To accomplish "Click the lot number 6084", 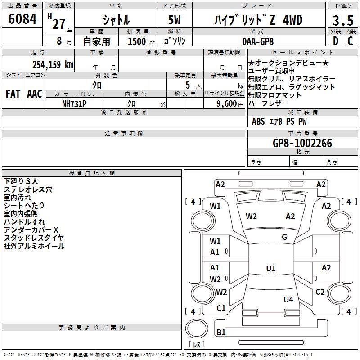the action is (22, 20).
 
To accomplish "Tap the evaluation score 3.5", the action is (342, 21).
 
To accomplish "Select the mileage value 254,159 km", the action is (53, 64).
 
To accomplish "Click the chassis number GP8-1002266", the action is (302, 143).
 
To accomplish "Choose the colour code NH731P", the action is (74, 103).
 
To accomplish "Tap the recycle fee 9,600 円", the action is (226, 103).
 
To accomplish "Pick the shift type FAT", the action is (13, 94).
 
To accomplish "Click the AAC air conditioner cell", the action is (35, 94).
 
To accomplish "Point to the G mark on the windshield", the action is (284, 237).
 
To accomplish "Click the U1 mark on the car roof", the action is (270, 269).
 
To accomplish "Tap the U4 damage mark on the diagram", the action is (288, 299).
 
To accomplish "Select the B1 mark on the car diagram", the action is (221, 333).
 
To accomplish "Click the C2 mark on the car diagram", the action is (320, 292).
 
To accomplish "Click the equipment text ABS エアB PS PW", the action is (279, 121).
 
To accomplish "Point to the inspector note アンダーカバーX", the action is (31, 229).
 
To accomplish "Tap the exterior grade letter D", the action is (335, 40).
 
